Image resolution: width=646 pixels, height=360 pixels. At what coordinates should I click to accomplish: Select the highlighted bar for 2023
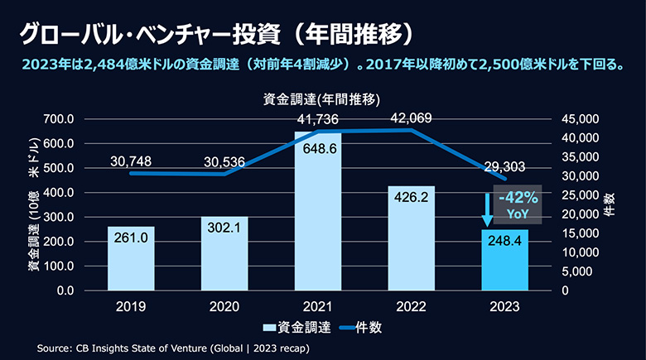click(505, 260)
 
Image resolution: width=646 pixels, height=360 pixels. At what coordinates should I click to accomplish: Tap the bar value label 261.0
click(131, 238)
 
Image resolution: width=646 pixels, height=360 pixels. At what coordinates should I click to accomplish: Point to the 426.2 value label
click(411, 198)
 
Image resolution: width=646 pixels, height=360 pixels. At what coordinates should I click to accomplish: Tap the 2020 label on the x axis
click(224, 306)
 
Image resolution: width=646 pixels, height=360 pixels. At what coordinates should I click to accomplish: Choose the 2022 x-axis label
click(412, 306)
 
